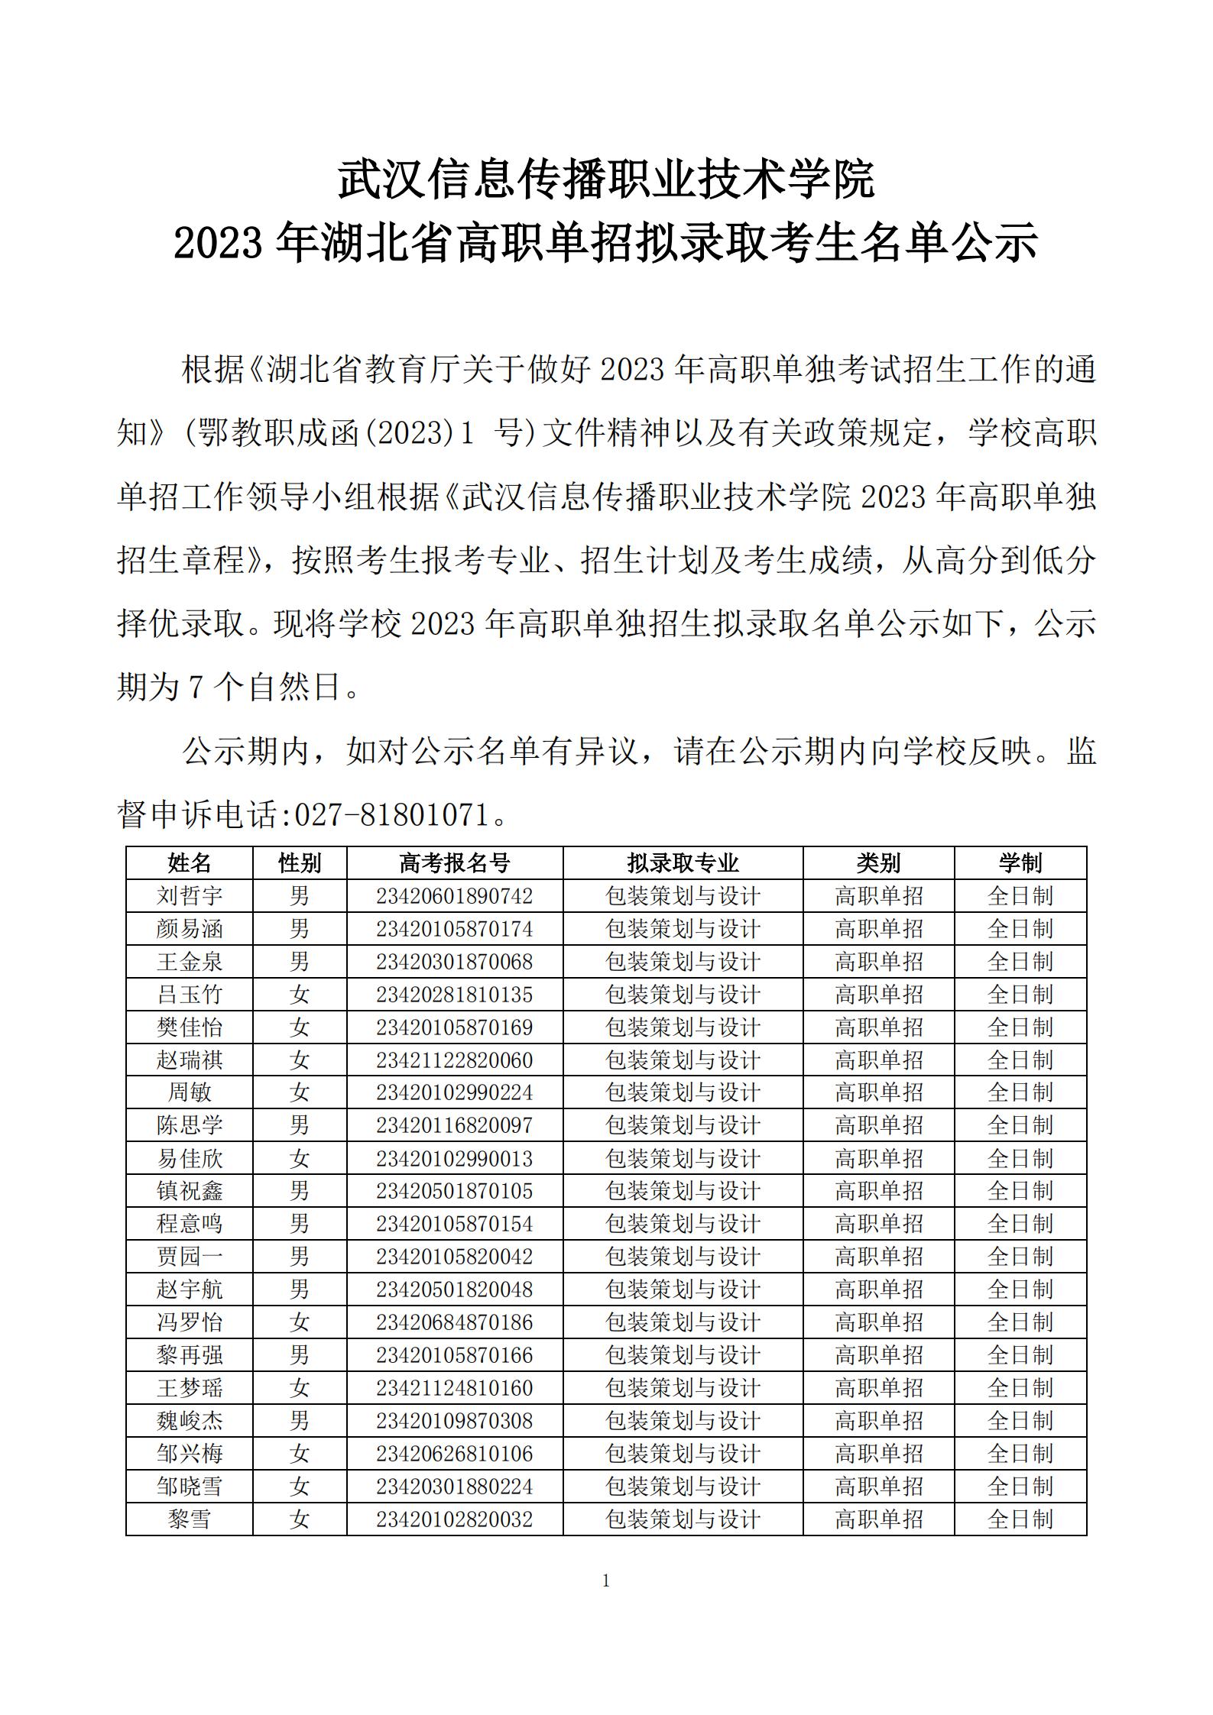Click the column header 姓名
(x=189, y=863)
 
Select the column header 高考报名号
(x=454, y=863)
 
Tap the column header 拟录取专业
(x=683, y=863)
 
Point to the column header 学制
(x=1020, y=863)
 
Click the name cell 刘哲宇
(x=189, y=896)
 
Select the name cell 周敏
(x=189, y=1092)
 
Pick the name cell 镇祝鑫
(x=189, y=1191)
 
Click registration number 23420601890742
(x=454, y=896)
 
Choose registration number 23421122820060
(x=454, y=1060)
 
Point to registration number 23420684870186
(x=454, y=1322)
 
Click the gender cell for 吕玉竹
(x=300, y=995)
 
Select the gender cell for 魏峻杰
(x=300, y=1421)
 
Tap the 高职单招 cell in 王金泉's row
(x=878, y=962)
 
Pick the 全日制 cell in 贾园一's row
(x=1020, y=1257)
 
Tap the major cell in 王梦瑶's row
(x=683, y=1388)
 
